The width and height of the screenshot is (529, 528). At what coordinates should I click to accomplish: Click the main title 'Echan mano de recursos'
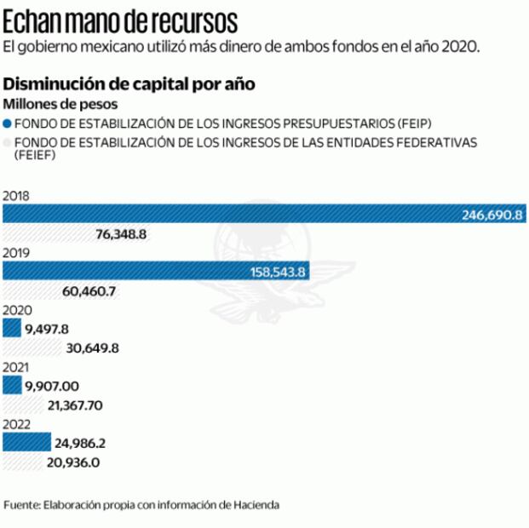coord(120,18)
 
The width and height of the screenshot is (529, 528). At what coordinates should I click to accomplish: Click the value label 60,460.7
coord(89,291)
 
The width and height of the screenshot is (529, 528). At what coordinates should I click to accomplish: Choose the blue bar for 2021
coord(11,386)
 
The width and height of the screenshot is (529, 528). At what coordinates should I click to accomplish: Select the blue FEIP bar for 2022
coord(26,443)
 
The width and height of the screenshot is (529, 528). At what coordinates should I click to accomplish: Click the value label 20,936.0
coord(75,462)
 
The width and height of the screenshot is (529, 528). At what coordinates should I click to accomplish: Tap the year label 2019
coord(17,254)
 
